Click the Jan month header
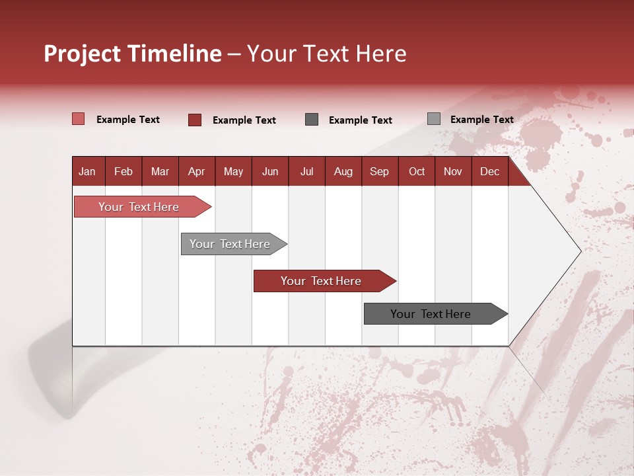(x=87, y=172)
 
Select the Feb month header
(x=123, y=172)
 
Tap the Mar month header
(x=160, y=172)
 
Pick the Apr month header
(x=196, y=172)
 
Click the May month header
(x=233, y=172)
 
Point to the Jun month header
(x=270, y=172)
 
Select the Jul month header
(x=306, y=172)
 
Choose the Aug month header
(x=343, y=172)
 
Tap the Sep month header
(x=379, y=172)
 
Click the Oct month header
(x=417, y=172)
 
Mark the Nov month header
(x=453, y=172)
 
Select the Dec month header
(x=489, y=172)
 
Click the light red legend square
(x=78, y=119)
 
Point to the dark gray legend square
(x=312, y=120)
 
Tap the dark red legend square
(x=195, y=120)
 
